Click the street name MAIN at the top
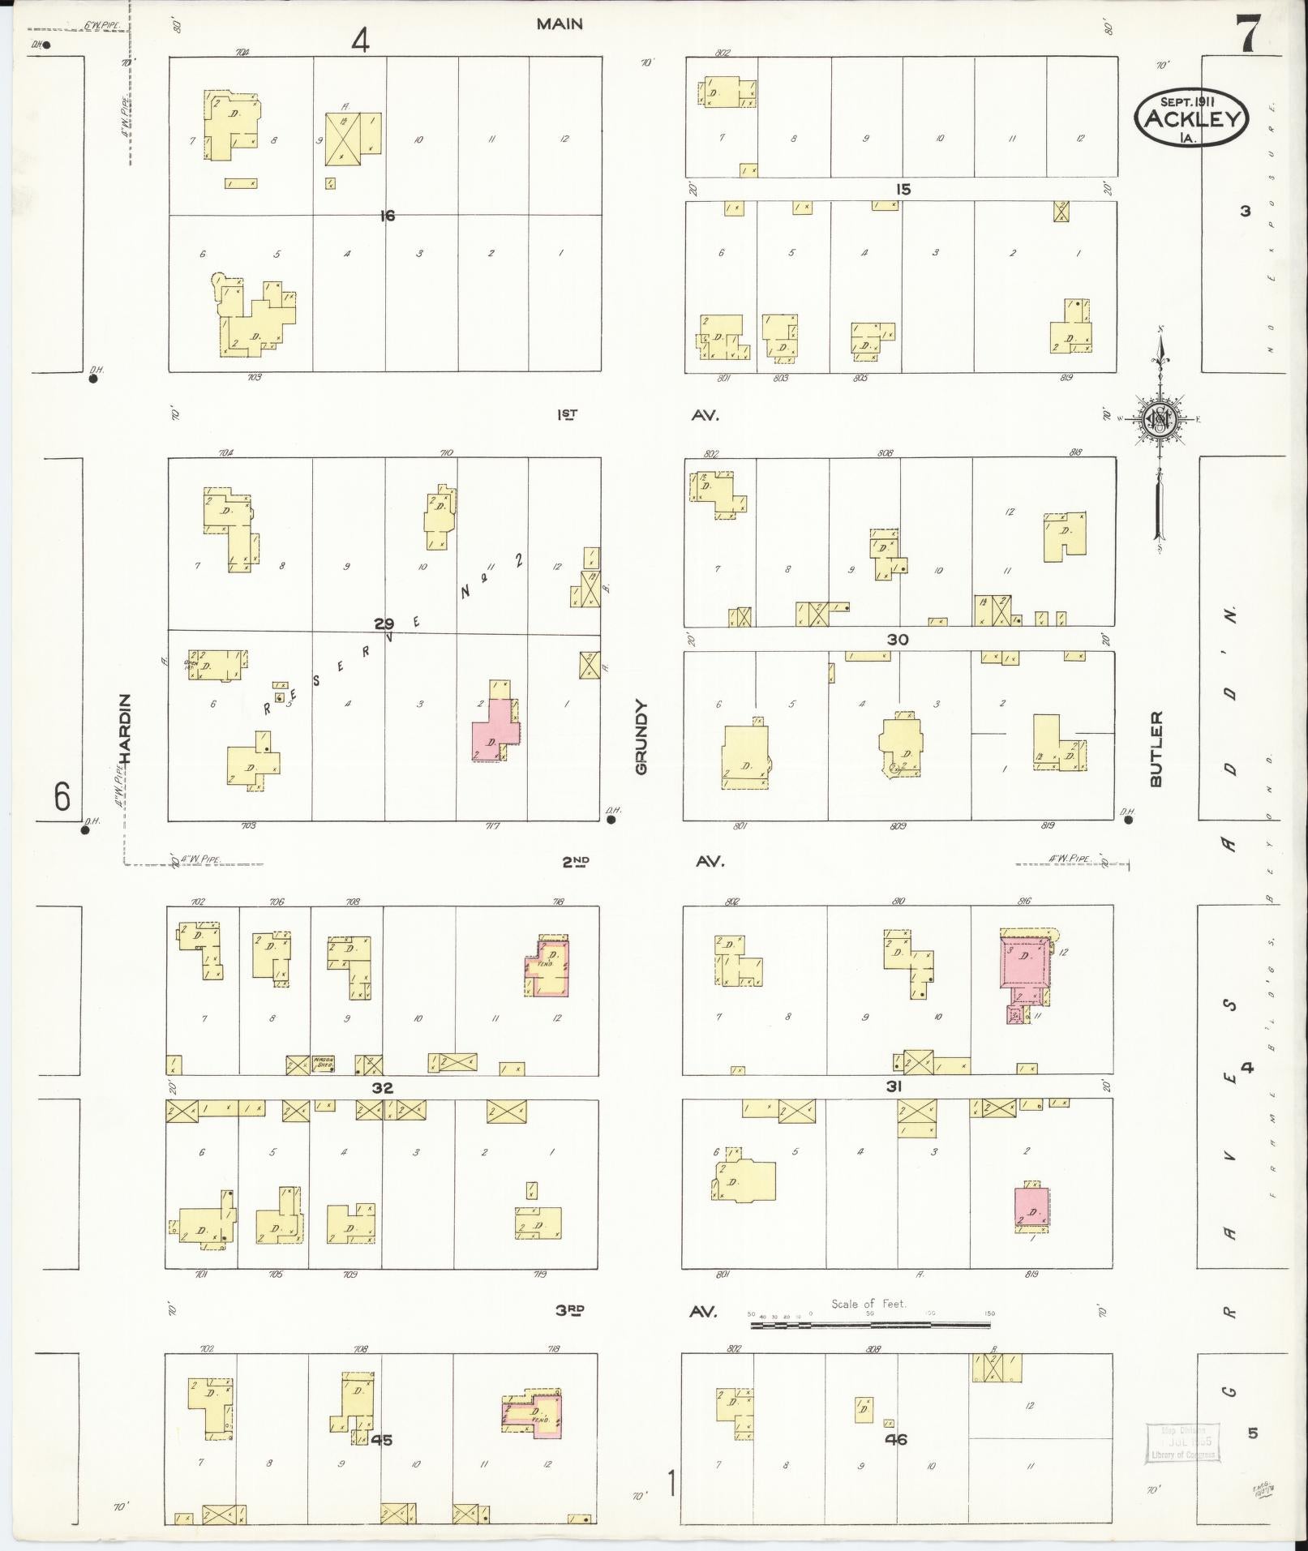560,24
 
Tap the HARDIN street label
124,729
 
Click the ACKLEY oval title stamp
1191,118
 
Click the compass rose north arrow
1160,418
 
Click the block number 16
388,216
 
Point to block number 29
384,623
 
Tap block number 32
382,1088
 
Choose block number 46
896,1439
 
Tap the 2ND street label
576,862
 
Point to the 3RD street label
570,1310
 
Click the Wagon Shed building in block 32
324,1064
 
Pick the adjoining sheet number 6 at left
62,797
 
